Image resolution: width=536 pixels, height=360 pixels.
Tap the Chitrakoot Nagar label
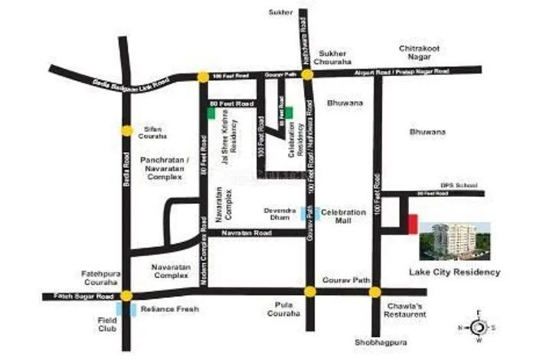tap(420, 53)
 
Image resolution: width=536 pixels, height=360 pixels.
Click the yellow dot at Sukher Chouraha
tap(306, 74)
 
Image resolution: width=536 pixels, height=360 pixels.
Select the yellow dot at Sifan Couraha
tap(126, 130)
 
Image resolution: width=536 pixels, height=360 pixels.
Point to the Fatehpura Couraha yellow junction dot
tap(126, 295)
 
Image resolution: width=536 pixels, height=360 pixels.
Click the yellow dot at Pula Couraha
tap(309, 291)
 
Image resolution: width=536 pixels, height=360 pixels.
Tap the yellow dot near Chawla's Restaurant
tap(374, 292)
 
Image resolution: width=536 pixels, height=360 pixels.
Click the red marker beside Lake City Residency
tap(412, 225)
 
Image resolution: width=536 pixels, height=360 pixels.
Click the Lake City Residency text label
tap(455, 272)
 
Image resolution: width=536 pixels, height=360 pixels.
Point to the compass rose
tap(480, 327)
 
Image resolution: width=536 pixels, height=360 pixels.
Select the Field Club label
tap(107, 323)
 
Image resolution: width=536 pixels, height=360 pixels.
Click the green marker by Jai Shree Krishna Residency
tap(211, 113)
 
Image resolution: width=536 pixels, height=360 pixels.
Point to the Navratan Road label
tap(253, 232)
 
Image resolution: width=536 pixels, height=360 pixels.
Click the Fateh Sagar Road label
tap(84, 296)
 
